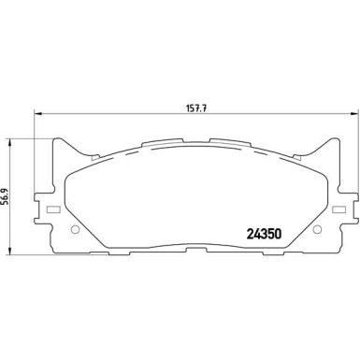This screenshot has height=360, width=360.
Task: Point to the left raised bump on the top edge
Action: tap(150, 144)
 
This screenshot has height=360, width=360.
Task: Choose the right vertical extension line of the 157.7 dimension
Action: tap(326, 131)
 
